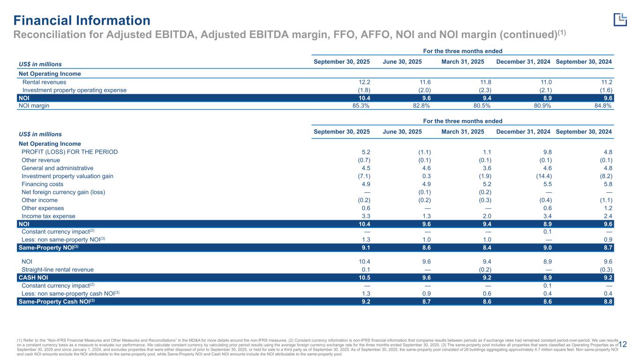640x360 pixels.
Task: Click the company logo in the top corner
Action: pos(620,19)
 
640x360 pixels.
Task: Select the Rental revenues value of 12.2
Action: pos(364,82)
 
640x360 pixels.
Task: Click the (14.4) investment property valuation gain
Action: pos(542,176)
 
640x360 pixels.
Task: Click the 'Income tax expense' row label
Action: pos(48,216)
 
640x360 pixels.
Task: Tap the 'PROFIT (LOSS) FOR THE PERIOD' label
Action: pos(70,152)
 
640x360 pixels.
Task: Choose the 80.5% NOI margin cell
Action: pos(474,105)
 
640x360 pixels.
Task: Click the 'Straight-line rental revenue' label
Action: pos(58,270)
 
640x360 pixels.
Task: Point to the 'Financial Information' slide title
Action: pos(82,21)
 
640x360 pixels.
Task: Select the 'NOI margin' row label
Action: pos(34,105)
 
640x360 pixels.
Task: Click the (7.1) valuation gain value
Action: pos(362,176)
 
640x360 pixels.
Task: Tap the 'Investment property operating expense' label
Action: pos(74,90)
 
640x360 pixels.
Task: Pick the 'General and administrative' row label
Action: pos(57,168)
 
